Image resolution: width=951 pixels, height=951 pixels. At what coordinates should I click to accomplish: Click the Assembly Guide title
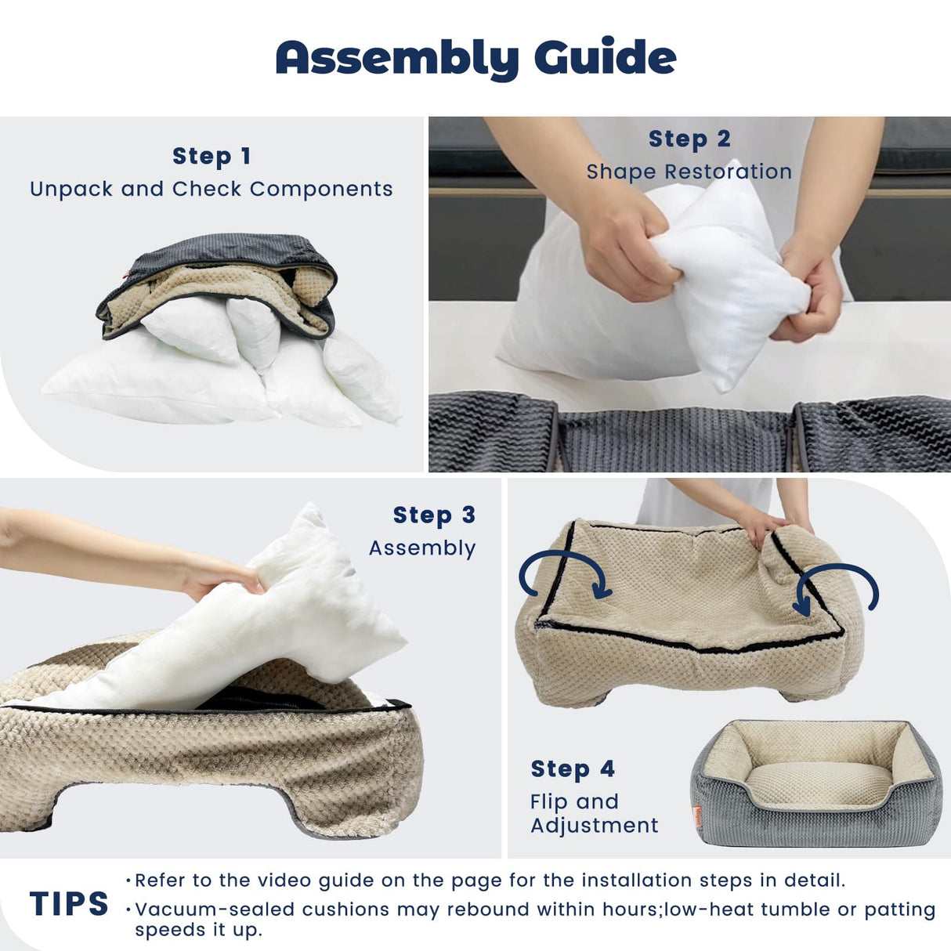tap(475, 58)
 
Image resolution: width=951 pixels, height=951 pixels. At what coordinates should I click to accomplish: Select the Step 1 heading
tap(212, 156)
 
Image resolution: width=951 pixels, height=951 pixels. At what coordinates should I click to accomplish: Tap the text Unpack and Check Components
tap(212, 189)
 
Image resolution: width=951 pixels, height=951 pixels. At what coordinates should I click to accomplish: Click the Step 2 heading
tap(689, 139)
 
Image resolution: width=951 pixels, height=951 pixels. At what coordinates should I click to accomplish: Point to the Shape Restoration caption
tap(689, 172)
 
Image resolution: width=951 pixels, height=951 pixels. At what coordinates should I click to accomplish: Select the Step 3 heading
tap(434, 515)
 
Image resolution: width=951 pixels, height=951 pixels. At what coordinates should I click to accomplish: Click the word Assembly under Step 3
tap(422, 548)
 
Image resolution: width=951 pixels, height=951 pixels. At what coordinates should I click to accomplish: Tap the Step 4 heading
tap(573, 768)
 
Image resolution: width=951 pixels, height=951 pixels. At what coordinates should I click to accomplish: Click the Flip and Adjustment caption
tap(594, 813)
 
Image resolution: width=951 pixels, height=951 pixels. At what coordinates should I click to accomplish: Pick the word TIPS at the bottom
tap(69, 904)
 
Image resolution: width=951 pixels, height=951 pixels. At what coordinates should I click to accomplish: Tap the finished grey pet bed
tap(815, 783)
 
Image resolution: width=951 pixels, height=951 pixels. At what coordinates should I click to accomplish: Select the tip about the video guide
tap(490, 880)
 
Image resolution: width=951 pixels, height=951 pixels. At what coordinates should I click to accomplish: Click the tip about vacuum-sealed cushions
tap(533, 918)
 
